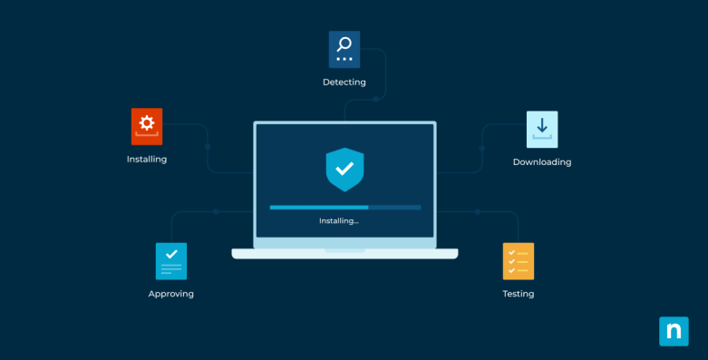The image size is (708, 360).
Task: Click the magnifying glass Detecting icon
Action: click(344, 49)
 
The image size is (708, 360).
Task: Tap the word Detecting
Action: click(344, 83)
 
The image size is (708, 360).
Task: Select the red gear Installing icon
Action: click(147, 126)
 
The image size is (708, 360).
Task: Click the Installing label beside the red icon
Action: click(147, 160)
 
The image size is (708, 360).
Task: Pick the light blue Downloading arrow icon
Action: click(542, 129)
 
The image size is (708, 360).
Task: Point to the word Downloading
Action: click(542, 162)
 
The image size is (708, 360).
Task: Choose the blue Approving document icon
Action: click(171, 260)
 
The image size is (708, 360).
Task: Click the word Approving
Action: click(171, 294)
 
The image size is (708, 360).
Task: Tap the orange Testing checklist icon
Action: click(519, 260)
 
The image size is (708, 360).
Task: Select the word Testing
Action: click(519, 294)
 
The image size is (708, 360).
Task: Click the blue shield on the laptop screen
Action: click(344, 170)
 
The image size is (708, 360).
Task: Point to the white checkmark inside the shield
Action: click(344, 168)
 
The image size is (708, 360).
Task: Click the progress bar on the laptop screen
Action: click(344, 208)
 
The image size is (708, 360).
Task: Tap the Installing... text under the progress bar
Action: click(339, 220)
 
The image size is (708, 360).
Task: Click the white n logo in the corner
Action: click(674, 331)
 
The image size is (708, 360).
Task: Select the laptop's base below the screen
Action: click(344, 254)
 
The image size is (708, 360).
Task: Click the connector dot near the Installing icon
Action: click(208, 146)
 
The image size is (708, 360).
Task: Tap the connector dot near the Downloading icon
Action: click(482, 148)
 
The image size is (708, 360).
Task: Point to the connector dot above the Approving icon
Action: click(216, 211)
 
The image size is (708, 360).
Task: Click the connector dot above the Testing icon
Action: click(475, 211)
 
